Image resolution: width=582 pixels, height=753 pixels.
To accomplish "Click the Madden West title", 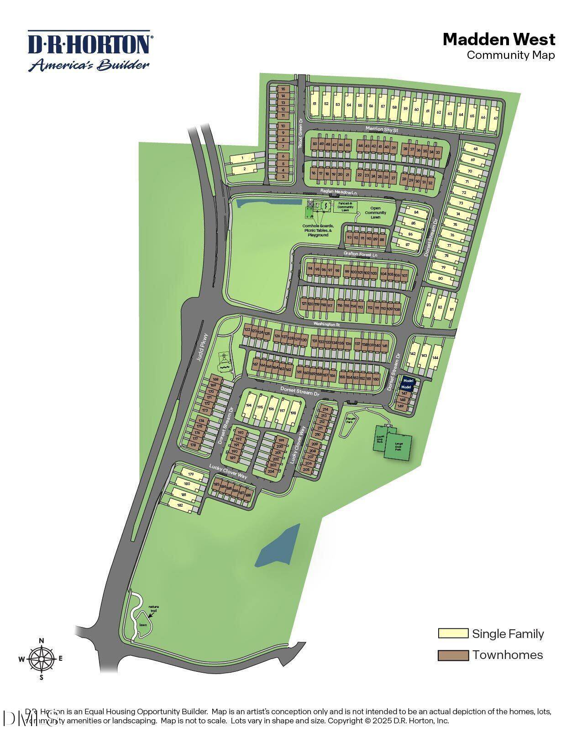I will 499,39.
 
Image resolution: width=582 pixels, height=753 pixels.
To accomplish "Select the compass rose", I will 41,659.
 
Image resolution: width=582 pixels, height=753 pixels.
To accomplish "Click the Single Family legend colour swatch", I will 453,633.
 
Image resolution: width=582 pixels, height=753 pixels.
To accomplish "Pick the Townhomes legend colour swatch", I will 453,655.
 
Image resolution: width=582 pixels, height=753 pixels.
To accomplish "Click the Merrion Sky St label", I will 382,130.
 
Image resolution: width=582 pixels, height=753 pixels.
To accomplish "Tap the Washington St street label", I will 326,324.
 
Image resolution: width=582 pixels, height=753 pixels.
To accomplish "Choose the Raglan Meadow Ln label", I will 339,193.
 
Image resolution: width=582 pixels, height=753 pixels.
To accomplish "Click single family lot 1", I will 242,158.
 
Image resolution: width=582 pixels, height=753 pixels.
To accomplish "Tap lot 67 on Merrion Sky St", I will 495,118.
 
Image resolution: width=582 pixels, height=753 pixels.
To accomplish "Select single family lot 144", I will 435,358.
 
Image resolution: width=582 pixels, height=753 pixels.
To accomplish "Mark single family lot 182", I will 180,505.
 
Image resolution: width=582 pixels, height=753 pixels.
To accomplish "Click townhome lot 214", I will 325,409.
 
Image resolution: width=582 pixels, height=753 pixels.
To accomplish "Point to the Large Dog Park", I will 398,446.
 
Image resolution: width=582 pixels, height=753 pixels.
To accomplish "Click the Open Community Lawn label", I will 375,213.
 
